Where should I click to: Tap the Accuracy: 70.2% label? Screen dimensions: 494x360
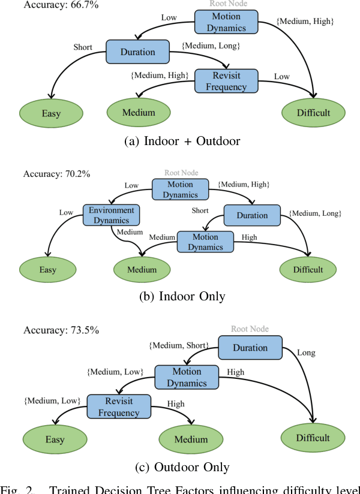pos(56,174)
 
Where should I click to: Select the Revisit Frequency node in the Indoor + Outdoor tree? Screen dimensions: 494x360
pos(226,81)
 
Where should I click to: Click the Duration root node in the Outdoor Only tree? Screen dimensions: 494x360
pos(250,348)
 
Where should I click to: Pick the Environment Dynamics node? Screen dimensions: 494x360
pos(112,215)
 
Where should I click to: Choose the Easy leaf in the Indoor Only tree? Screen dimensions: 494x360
pos(48,269)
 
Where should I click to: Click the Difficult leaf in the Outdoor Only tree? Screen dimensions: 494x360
pos(313,438)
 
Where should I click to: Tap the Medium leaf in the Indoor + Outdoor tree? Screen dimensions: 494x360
pos(139,112)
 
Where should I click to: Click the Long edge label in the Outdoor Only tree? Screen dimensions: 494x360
pos(306,353)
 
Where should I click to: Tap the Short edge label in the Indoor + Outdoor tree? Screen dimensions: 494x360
pos(83,46)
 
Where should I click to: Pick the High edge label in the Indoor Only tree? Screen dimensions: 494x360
pos(248,237)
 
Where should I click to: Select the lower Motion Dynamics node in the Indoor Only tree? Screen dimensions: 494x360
pos(205,242)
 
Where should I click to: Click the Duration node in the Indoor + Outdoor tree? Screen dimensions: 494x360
pos(139,52)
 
